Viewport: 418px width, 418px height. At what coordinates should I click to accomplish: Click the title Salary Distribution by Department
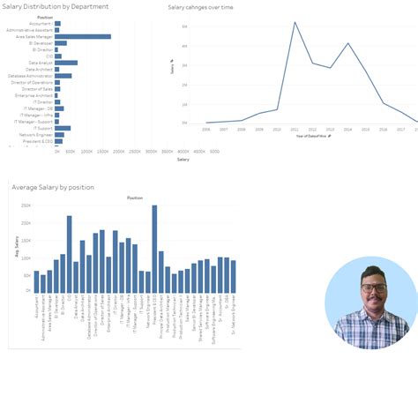(56, 6)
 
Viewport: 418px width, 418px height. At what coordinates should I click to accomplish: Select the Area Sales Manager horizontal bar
(83, 36)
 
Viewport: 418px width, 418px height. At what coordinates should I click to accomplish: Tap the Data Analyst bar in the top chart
(66, 63)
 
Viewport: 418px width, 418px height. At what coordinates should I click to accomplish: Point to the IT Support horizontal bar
(63, 128)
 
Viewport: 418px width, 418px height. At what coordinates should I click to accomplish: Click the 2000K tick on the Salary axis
(149, 152)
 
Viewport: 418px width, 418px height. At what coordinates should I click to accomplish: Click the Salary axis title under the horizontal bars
(183, 160)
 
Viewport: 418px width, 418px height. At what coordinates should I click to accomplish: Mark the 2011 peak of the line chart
(295, 22)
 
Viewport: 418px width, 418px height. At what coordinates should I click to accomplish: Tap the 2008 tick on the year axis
(242, 129)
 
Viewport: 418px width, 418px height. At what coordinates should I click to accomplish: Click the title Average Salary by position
(52, 187)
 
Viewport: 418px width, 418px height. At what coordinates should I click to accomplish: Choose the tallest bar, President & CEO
(154, 248)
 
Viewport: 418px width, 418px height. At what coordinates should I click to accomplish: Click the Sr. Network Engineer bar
(234, 275)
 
